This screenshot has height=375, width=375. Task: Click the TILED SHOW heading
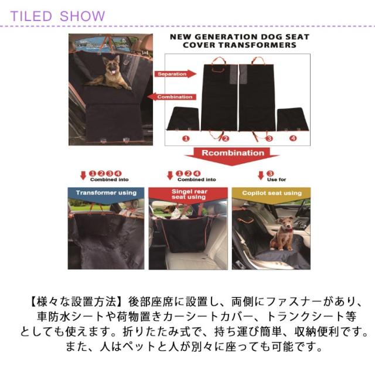[x=57, y=16]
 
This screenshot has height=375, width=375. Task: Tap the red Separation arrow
[x=175, y=74]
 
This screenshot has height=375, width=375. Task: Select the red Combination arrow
[x=172, y=97]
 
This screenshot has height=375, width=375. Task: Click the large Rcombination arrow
[x=233, y=156]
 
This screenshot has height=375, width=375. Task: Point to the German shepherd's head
[x=112, y=64]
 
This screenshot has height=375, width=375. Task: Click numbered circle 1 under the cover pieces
[x=186, y=138]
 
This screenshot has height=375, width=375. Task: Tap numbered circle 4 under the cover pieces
[x=293, y=138]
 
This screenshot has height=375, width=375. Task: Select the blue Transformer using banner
[x=106, y=195]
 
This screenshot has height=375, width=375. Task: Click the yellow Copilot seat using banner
[x=271, y=195]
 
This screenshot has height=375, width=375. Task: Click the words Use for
[x=277, y=180]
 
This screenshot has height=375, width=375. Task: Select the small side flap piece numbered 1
[x=183, y=119]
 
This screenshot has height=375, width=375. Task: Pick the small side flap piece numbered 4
[x=293, y=119]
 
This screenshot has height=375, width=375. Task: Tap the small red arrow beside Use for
[x=261, y=175]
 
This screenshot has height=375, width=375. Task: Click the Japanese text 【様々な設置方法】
[x=77, y=302]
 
